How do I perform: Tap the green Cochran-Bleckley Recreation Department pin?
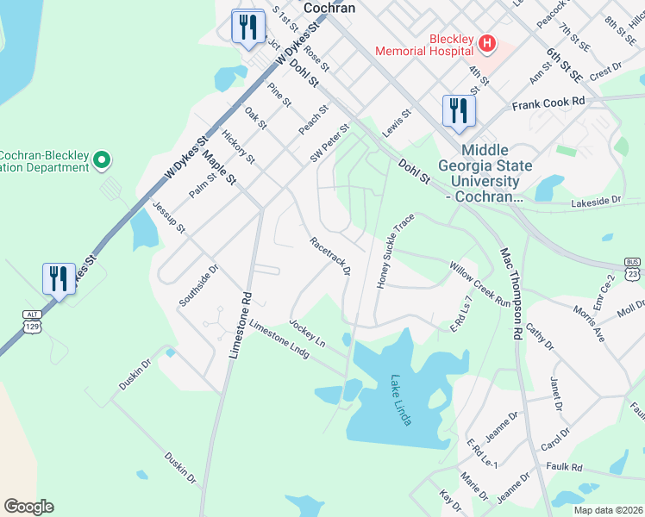(102, 159)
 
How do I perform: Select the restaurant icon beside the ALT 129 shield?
(58, 279)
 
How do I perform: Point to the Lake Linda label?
(401, 399)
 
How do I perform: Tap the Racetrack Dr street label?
(330, 256)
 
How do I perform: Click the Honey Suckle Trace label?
(391, 251)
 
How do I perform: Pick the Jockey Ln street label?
(307, 333)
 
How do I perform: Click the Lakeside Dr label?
(597, 202)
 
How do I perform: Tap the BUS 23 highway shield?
(634, 268)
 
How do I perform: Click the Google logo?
(28, 507)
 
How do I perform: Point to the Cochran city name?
(329, 7)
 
